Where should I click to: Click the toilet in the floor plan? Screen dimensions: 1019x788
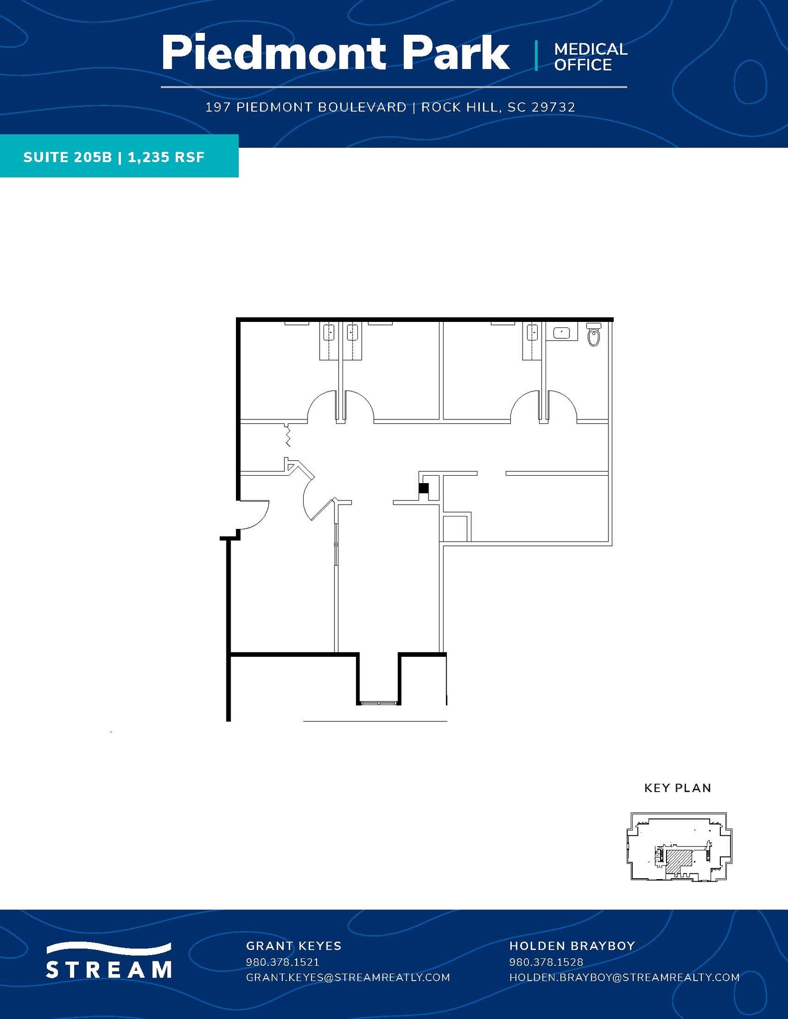tap(593, 335)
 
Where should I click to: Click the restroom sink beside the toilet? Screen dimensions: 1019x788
tap(562, 332)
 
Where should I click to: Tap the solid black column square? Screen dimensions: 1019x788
tap(423, 488)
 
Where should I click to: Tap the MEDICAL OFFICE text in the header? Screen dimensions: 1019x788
tap(590, 57)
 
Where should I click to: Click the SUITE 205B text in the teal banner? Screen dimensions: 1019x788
tap(67, 157)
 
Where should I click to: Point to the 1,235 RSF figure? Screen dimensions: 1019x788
tap(166, 157)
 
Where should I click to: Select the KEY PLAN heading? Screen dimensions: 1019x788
tap(677, 788)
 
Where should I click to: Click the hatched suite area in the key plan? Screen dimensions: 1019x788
tap(678, 860)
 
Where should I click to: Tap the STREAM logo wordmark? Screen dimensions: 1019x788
tap(109, 969)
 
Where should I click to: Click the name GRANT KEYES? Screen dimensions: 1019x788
tap(294, 946)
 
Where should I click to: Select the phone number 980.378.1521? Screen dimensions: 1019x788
tap(282, 962)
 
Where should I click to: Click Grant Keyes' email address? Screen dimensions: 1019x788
tap(348, 977)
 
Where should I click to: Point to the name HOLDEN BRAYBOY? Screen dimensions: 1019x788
tap(572, 946)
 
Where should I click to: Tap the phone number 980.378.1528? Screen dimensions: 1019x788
tap(546, 962)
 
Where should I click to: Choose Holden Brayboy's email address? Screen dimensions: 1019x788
tap(624, 977)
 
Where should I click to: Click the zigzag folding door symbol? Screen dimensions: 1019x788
tap(287, 435)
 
